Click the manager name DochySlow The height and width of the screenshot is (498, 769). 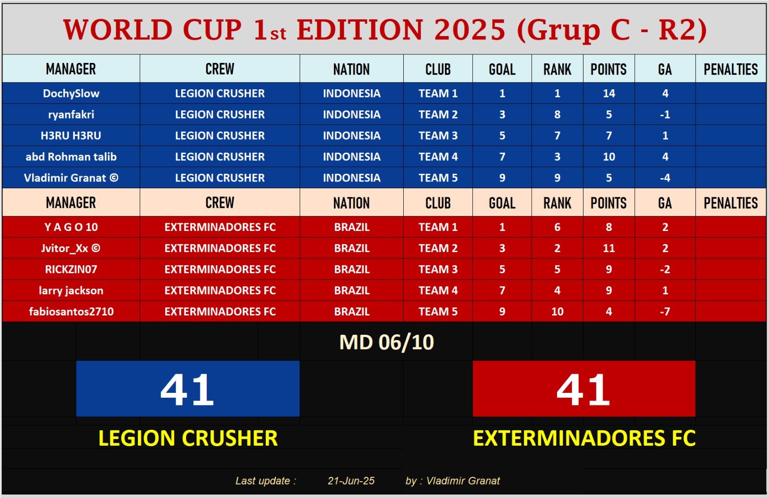point(71,93)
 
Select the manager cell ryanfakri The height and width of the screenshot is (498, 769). point(71,115)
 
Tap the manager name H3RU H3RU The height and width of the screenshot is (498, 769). point(71,136)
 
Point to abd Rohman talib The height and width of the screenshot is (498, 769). point(71,157)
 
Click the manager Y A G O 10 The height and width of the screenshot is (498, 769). point(71,227)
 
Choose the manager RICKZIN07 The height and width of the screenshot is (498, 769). point(71,269)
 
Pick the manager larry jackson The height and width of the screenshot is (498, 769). point(71,291)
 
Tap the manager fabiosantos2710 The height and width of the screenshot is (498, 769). point(71,311)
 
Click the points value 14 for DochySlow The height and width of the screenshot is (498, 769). point(608,93)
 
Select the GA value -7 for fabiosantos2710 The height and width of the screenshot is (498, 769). point(665,311)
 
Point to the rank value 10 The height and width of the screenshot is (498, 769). point(557,311)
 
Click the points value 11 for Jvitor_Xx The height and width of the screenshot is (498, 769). point(608,248)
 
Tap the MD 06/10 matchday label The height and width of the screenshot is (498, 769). point(386,342)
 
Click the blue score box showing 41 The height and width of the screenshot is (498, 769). point(188,389)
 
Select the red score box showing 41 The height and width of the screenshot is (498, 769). point(584,389)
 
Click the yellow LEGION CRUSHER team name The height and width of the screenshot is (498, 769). point(188,438)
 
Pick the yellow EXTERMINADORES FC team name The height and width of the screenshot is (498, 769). point(584,438)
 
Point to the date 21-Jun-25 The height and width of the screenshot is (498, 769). point(351,481)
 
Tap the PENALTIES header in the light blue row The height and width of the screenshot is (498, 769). point(731,69)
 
